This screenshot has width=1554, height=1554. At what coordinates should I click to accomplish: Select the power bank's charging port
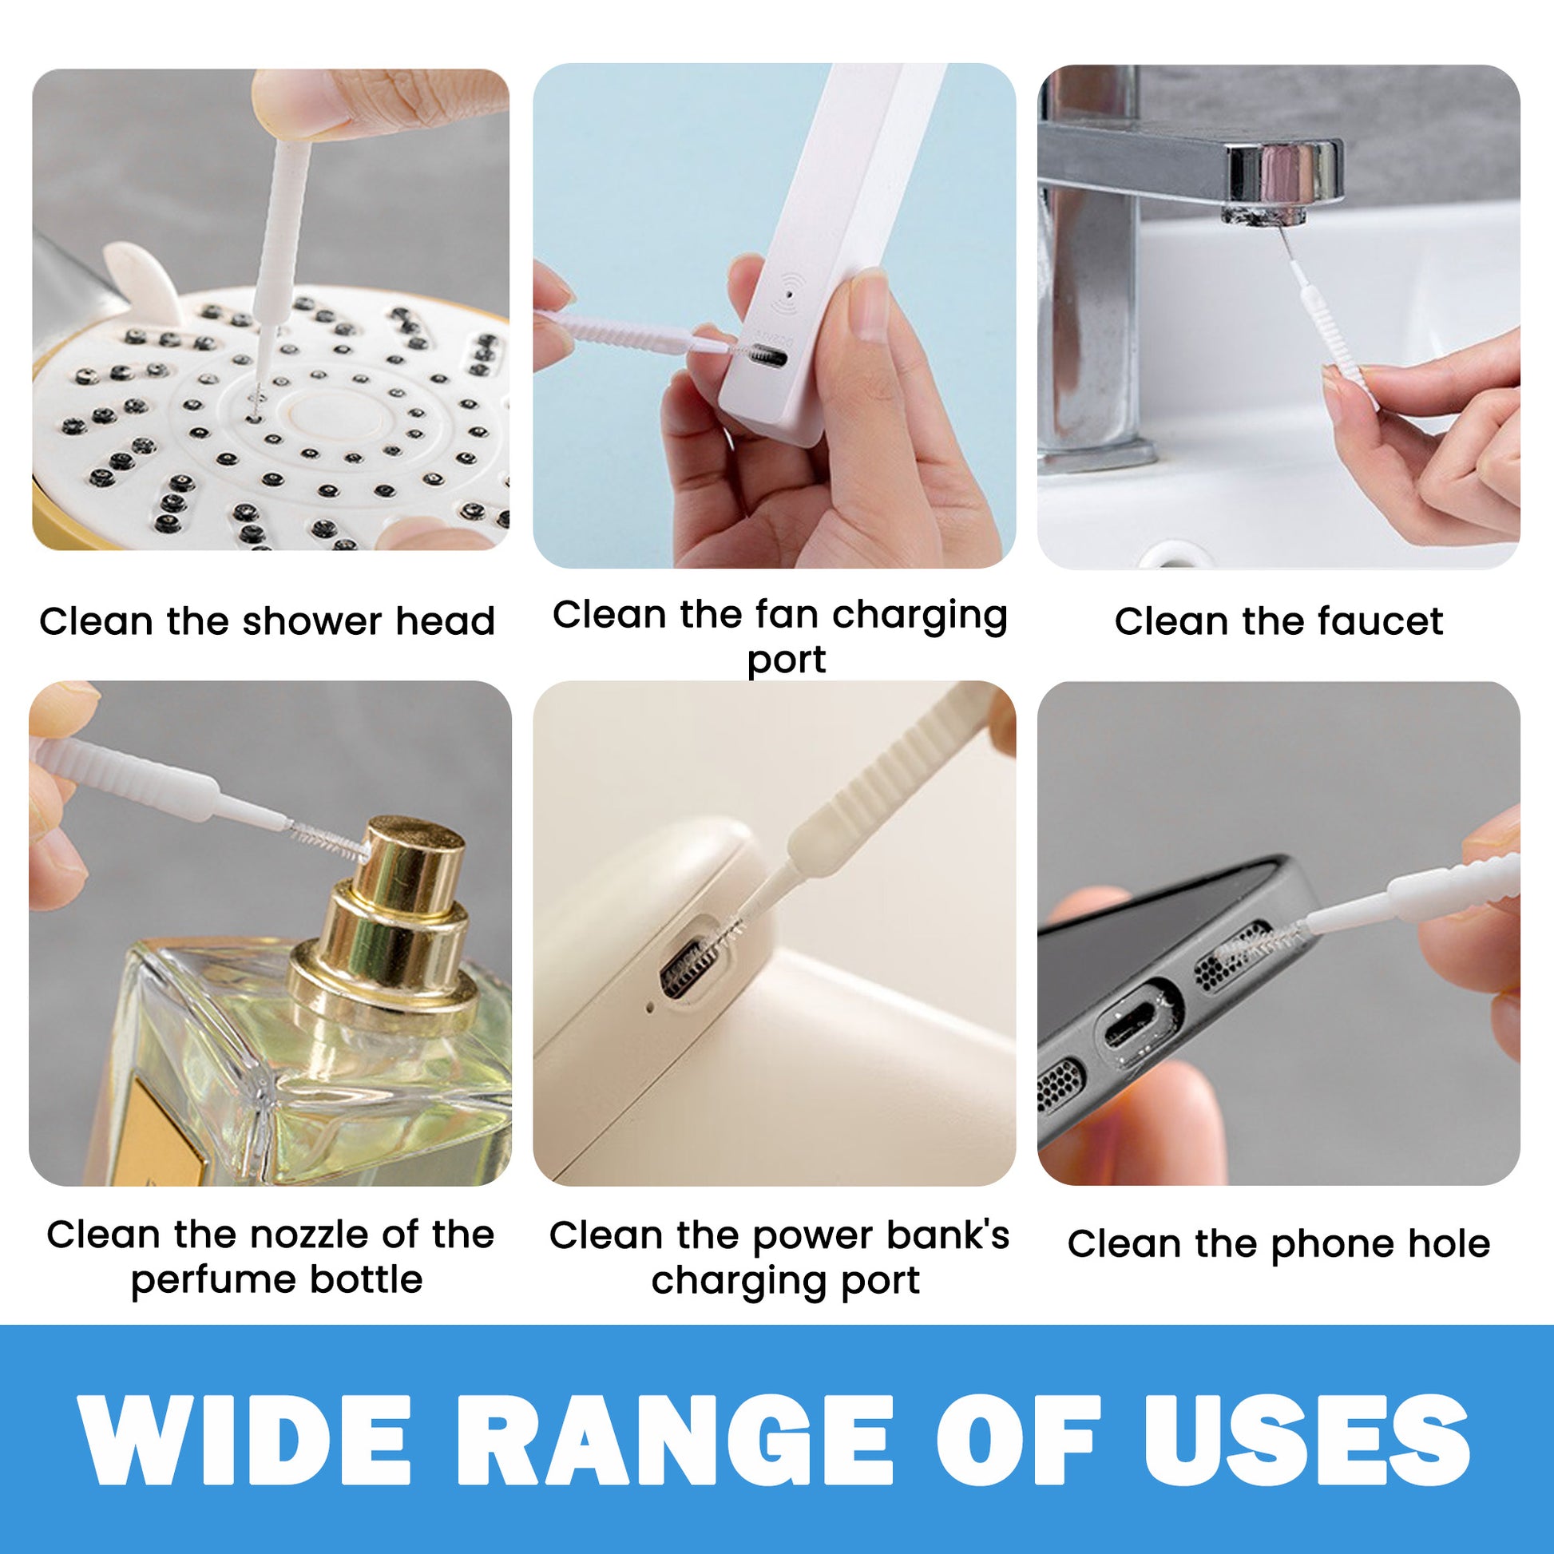coord(690,971)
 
